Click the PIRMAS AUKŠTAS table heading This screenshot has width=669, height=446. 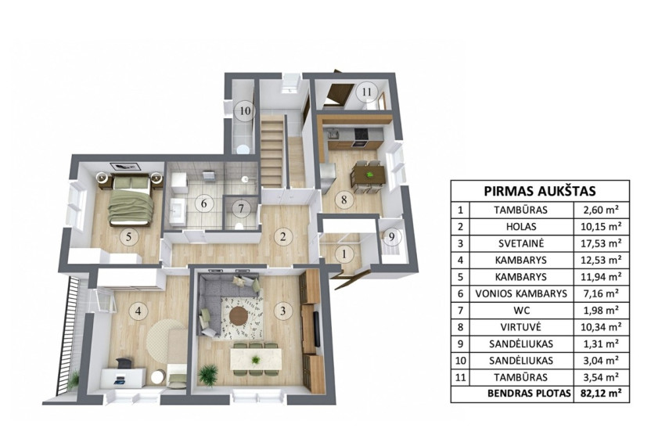(540, 190)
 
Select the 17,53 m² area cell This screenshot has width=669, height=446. (601, 243)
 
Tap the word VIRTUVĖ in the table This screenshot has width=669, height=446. (520, 327)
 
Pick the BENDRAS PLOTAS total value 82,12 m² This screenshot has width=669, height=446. (601, 394)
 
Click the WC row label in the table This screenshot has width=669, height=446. (520, 311)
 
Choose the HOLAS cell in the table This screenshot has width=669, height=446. (521, 227)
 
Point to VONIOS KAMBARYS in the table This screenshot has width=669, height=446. (521, 293)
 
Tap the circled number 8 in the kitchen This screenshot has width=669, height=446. (344, 199)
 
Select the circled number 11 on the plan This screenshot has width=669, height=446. (367, 92)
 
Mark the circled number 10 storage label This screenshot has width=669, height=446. (245, 111)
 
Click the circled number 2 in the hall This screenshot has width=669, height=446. (283, 237)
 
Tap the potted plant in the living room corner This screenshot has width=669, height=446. (208, 375)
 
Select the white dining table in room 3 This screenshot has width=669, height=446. (256, 359)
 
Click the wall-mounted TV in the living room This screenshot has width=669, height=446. (317, 329)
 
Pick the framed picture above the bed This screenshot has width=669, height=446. (126, 167)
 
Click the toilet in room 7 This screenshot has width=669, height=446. (239, 226)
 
